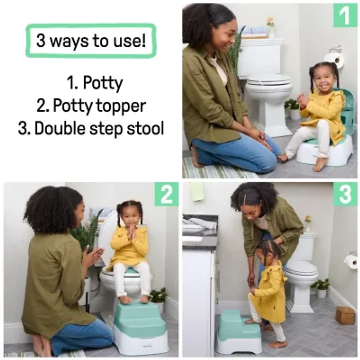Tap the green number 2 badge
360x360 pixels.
[166, 194]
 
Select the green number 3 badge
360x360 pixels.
[345, 194]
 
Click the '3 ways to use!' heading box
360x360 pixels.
[90, 40]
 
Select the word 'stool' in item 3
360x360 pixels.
[144, 128]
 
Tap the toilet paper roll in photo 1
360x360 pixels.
[333, 58]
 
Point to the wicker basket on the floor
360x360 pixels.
[345, 315]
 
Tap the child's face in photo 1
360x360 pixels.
[324, 80]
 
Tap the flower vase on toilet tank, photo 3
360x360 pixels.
[307, 224]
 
